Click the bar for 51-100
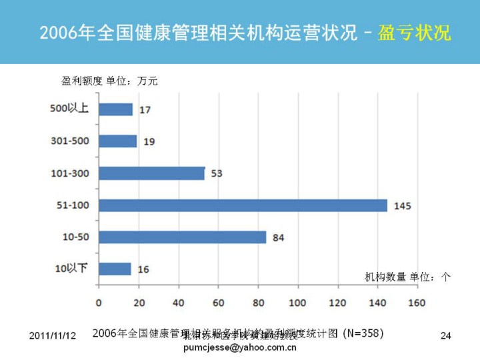click(x=243, y=205)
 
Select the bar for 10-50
click(x=182, y=237)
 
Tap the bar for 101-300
click(x=151, y=173)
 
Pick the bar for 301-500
click(x=117, y=141)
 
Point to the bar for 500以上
click(x=115, y=109)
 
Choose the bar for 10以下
click(x=115, y=269)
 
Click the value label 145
click(x=402, y=206)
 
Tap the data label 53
click(x=216, y=174)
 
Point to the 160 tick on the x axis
click(x=417, y=303)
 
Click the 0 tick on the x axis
click(x=99, y=303)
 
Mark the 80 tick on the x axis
click(x=258, y=303)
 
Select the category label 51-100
click(x=72, y=205)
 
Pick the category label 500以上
click(x=69, y=109)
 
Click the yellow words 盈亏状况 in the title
click(x=414, y=33)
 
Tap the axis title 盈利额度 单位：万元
click(x=109, y=81)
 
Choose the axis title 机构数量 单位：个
click(x=407, y=277)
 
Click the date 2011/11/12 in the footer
click(x=53, y=335)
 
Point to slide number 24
click(x=446, y=335)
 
